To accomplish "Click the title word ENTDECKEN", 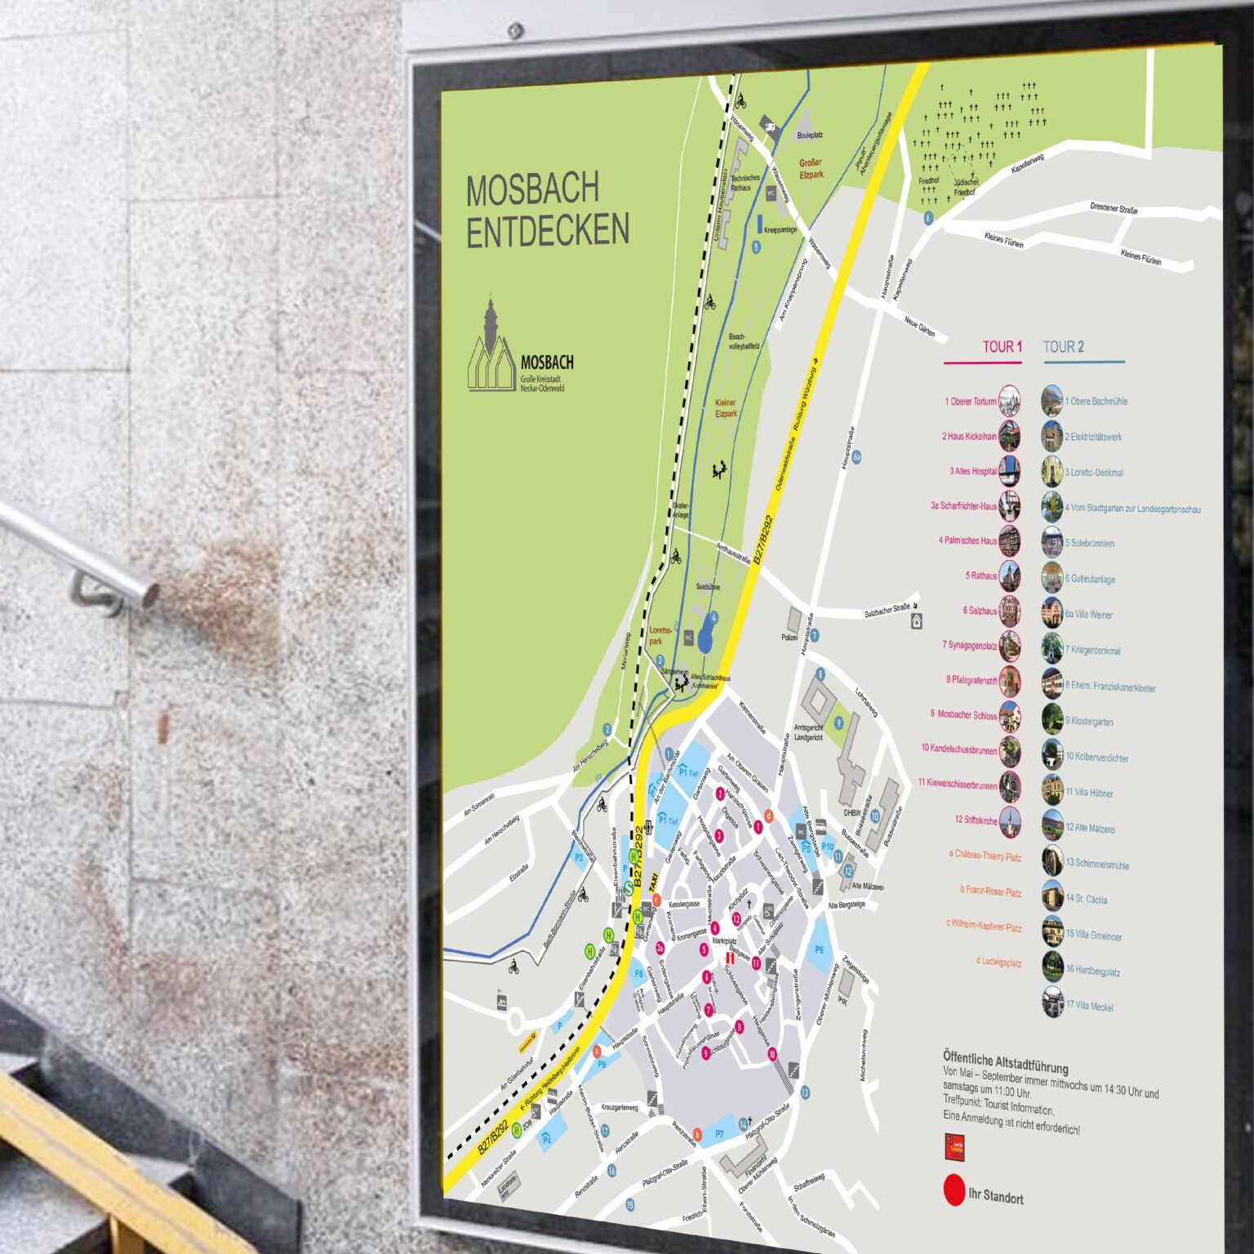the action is tap(548, 230).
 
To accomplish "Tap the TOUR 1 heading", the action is tap(1002, 346).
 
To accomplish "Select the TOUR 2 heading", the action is tap(1063, 347).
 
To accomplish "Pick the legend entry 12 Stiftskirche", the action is tap(976, 819).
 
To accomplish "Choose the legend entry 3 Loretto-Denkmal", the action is tap(1093, 472).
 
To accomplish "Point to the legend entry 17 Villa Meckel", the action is tap(1089, 1006).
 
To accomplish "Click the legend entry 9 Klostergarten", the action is tap(1088, 721).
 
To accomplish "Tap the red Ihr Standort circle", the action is tap(954, 1190).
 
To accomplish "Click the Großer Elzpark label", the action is tap(811, 168).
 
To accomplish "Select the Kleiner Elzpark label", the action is tap(725, 408).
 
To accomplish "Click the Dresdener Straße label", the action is tap(1114, 209).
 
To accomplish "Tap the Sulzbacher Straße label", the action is tap(887, 610).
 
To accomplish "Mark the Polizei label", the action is tap(789, 638).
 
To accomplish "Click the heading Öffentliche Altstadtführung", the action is tap(1005, 1061).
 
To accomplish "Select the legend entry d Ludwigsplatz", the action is tap(998, 962).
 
